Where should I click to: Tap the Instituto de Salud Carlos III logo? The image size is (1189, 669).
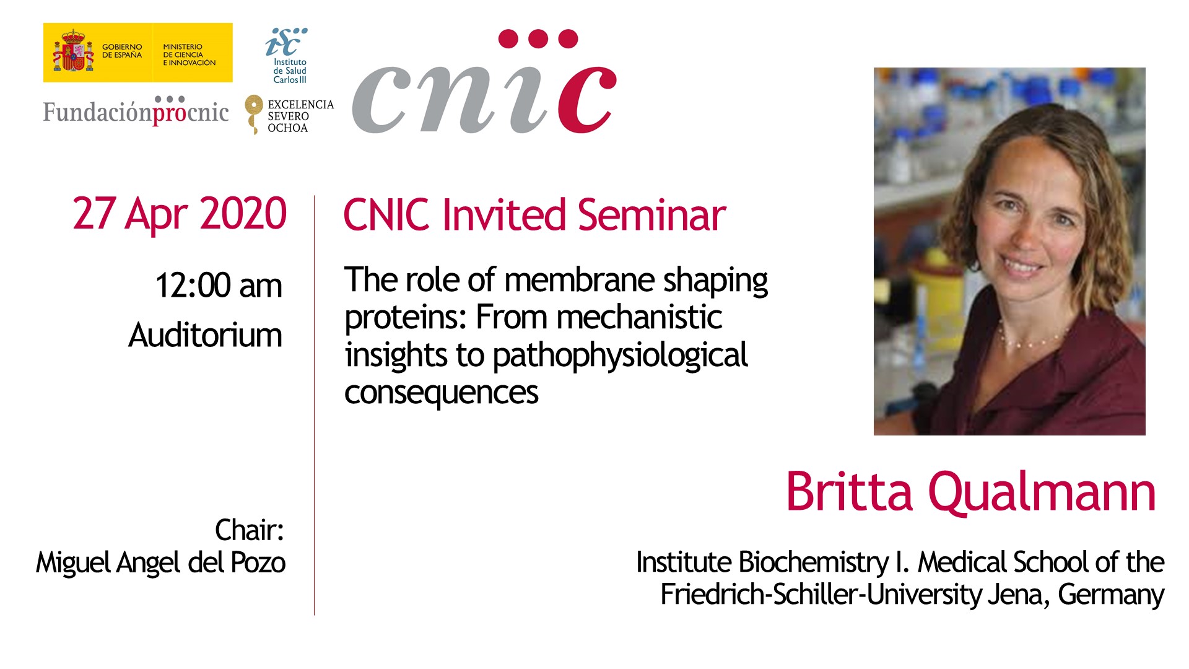[x=288, y=55]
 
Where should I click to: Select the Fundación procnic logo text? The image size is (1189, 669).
[x=136, y=111]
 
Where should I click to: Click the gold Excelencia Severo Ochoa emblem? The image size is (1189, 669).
[x=253, y=114]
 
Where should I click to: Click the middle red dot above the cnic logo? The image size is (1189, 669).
[x=538, y=39]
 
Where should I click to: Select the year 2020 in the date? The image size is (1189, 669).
[x=243, y=214]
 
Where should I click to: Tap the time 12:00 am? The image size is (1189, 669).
[x=219, y=286]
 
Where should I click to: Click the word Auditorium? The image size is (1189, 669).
[x=205, y=335]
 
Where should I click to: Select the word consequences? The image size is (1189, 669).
[x=442, y=393]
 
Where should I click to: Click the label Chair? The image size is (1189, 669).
[x=249, y=530]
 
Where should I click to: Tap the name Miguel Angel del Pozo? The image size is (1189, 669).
[x=160, y=563]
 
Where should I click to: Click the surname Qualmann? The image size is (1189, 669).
[x=1042, y=492]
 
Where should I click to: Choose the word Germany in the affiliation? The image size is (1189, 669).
[x=1111, y=596]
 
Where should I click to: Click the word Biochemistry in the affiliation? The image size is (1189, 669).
[x=814, y=563]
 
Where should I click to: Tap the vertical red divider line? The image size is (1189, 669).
[x=314, y=405]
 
